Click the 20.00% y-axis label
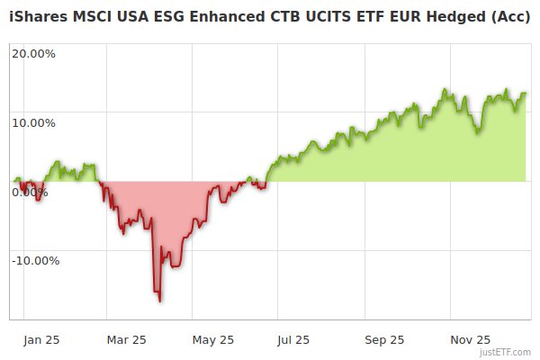tap(33, 53)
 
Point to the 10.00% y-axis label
tap(33, 123)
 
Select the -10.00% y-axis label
tap(35, 261)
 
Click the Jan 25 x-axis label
tap(41, 340)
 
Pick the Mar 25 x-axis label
tap(126, 340)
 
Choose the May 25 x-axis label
tap(213, 340)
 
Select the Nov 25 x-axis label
tap(470, 340)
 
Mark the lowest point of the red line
tap(160, 301)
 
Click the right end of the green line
tap(526, 93)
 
